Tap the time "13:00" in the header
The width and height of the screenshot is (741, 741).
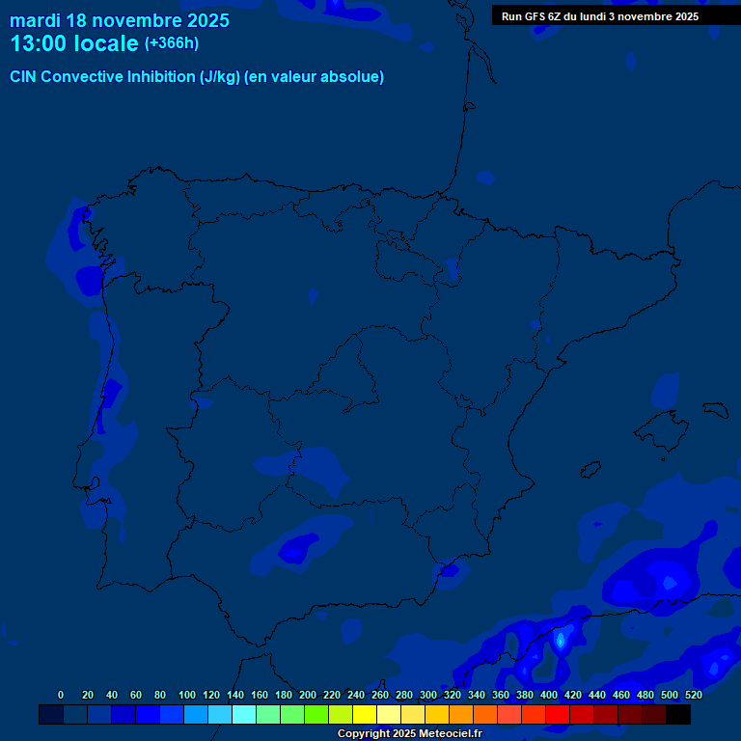[x=38, y=43]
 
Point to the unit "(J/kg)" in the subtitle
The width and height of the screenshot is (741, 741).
[x=220, y=77]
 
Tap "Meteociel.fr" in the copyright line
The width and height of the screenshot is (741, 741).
[x=448, y=734]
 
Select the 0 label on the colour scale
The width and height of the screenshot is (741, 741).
[x=61, y=695]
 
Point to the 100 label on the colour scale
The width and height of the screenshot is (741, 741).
[x=186, y=695]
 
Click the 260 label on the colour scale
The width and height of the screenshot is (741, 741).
[x=379, y=695]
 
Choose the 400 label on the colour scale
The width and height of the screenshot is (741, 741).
[x=548, y=695]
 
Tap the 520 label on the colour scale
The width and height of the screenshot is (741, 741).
[x=693, y=695]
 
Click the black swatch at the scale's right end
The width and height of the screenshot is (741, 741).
[x=678, y=714]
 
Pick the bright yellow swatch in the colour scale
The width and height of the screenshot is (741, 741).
[x=365, y=714]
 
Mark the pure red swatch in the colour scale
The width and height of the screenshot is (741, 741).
[x=558, y=714]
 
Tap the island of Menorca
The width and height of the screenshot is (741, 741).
[x=716, y=408]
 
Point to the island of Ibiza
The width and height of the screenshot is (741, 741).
[x=590, y=472]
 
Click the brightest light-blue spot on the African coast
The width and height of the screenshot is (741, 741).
[x=561, y=640]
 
